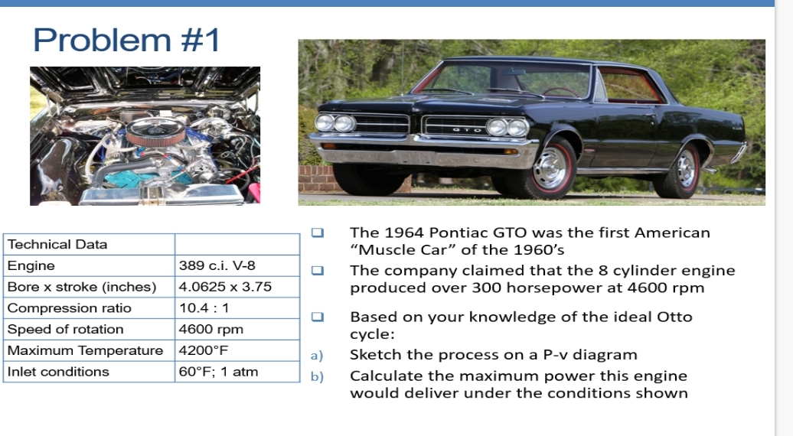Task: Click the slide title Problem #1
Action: (126, 40)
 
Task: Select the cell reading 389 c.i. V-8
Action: (217, 265)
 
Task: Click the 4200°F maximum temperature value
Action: (203, 350)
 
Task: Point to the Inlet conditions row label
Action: (58, 372)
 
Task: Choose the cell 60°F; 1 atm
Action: (218, 372)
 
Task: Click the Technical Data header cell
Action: (57, 245)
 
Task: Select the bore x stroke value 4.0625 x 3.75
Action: (225, 287)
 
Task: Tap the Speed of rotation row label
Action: (65, 330)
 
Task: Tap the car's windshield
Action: (505, 80)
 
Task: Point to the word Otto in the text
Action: (675, 317)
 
